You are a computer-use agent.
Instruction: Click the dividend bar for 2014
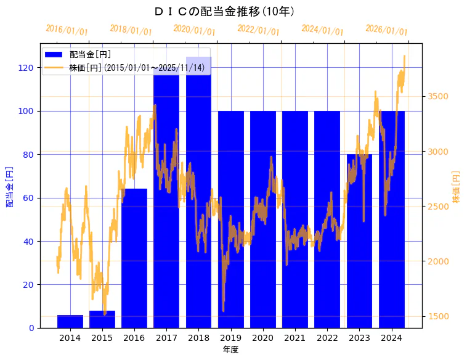[x=70, y=321]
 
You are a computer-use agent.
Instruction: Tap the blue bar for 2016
[x=134, y=259]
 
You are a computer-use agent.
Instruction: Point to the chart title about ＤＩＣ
[x=225, y=11]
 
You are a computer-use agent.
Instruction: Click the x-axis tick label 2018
[x=198, y=338]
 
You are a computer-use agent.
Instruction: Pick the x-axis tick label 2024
[x=391, y=338]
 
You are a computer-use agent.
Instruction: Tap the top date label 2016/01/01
[x=67, y=30]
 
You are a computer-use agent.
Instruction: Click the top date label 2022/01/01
[x=258, y=30]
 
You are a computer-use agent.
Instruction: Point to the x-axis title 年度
[x=230, y=350]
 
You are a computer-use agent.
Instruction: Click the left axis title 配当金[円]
[x=10, y=186]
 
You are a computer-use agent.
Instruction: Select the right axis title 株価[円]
[x=457, y=187]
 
